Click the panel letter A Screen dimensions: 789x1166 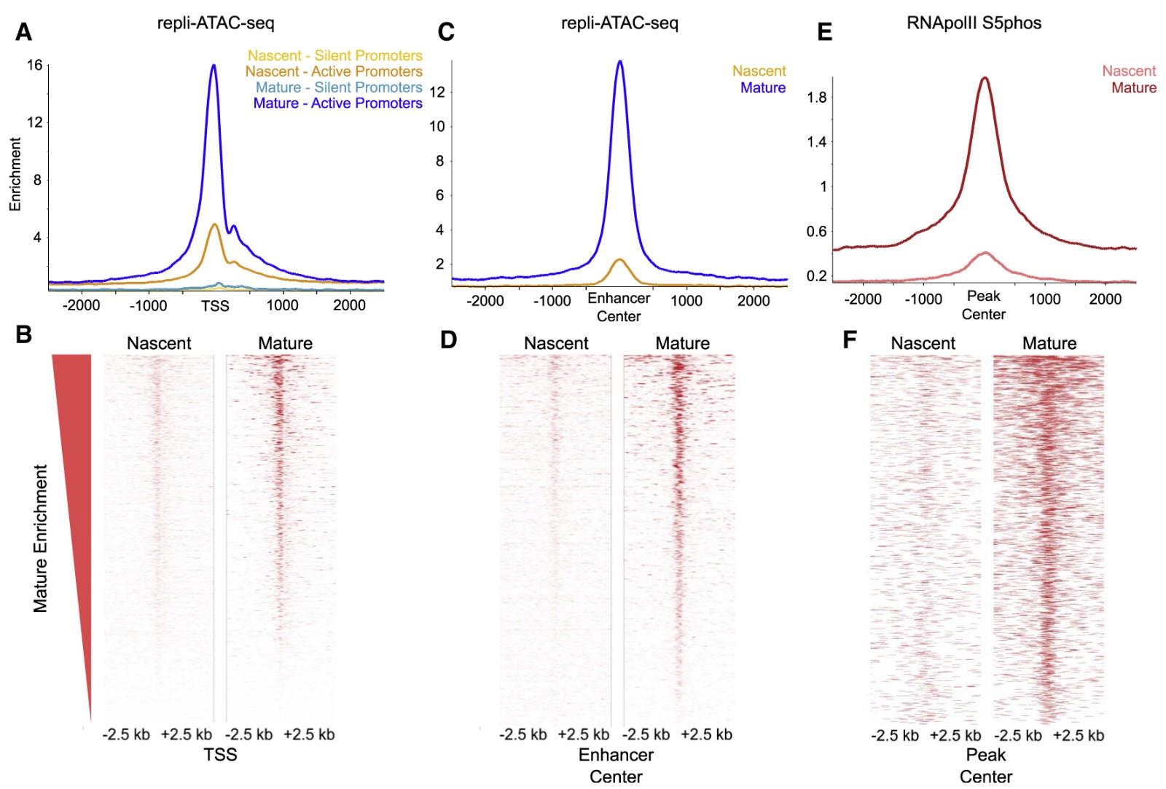click(23, 32)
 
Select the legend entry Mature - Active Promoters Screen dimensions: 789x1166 click(337, 103)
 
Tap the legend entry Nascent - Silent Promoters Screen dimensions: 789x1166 click(334, 55)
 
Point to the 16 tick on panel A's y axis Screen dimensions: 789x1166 click(34, 65)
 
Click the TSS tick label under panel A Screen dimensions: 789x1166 click(215, 306)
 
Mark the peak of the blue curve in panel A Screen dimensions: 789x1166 click(214, 66)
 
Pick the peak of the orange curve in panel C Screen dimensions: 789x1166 click(619, 259)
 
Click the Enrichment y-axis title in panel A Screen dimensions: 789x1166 click(15, 175)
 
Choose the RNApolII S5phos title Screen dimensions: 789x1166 click(974, 23)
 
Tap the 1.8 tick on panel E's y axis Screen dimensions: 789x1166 click(817, 98)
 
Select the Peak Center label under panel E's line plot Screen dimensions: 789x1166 click(983, 305)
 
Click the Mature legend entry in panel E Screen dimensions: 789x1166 click(1134, 87)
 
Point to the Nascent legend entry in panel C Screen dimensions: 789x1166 click(759, 71)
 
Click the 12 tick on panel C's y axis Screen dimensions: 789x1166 click(437, 93)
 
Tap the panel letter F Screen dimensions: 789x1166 click(849, 339)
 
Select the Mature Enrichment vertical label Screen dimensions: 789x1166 click(40, 538)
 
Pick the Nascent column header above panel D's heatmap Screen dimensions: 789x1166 click(555, 343)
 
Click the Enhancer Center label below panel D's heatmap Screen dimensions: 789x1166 click(616, 766)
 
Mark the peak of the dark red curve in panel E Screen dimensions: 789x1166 click(985, 78)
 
